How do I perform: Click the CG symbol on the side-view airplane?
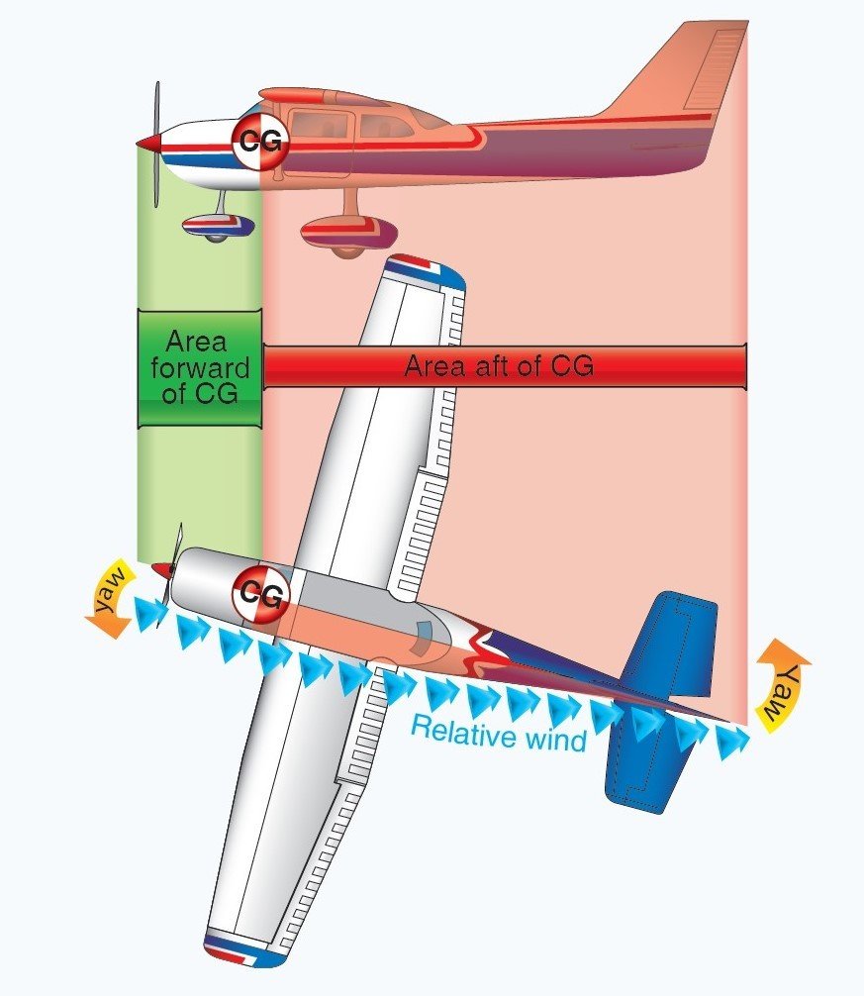pos(260,143)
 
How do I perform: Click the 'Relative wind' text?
pos(498,734)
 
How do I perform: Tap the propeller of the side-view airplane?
pos(156,145)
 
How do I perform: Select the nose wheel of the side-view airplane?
pos(219,226)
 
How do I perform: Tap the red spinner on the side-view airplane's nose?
pos(148,145)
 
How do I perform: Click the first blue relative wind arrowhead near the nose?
pos(150,614)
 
